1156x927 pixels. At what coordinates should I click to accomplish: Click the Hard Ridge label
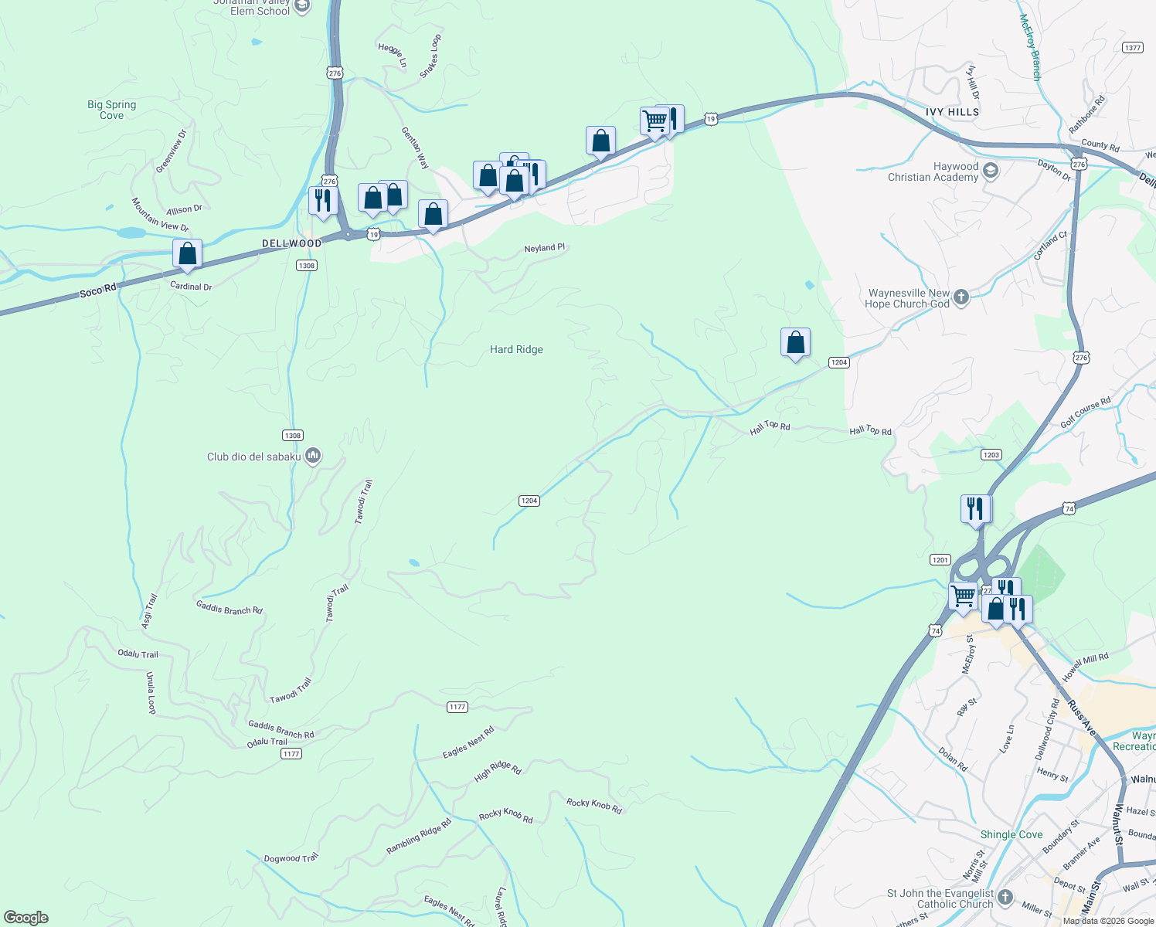516,350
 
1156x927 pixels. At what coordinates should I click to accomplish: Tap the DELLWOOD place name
291,243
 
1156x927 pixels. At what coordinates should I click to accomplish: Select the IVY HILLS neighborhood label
952,112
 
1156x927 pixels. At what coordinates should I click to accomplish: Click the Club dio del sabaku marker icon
313,456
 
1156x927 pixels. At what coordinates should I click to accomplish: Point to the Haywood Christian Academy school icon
991,170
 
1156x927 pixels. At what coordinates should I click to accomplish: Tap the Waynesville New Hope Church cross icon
961,297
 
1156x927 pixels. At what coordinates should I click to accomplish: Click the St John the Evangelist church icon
1005,897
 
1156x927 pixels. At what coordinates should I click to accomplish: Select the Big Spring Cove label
111,110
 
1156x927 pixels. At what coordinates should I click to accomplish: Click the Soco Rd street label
97,290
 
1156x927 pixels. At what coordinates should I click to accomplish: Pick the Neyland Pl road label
544,248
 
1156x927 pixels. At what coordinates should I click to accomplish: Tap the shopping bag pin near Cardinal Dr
187,253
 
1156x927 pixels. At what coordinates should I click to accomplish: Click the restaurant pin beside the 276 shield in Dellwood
322,200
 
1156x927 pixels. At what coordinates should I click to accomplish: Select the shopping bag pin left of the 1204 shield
795,342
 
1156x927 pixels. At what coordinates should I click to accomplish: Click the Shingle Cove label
1011,834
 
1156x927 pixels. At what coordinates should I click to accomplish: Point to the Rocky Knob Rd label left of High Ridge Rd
505,816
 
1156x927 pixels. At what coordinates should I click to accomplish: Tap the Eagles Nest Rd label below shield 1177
467,742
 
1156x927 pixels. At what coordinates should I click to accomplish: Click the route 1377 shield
1133,48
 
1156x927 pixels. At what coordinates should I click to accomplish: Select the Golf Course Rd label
1085,413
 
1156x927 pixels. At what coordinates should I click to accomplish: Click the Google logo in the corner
26,918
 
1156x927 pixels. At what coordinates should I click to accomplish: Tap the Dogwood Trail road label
291,858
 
